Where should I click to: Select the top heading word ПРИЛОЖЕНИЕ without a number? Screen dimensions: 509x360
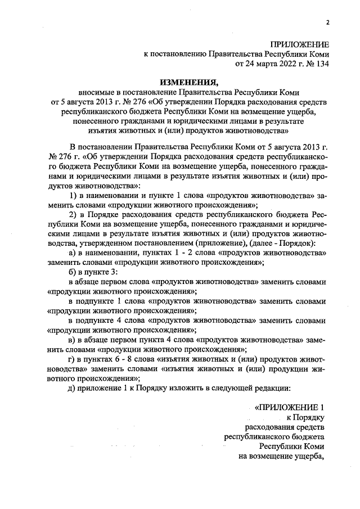tap(299, 44)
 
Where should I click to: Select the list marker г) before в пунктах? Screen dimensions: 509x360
tap(71, 358)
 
